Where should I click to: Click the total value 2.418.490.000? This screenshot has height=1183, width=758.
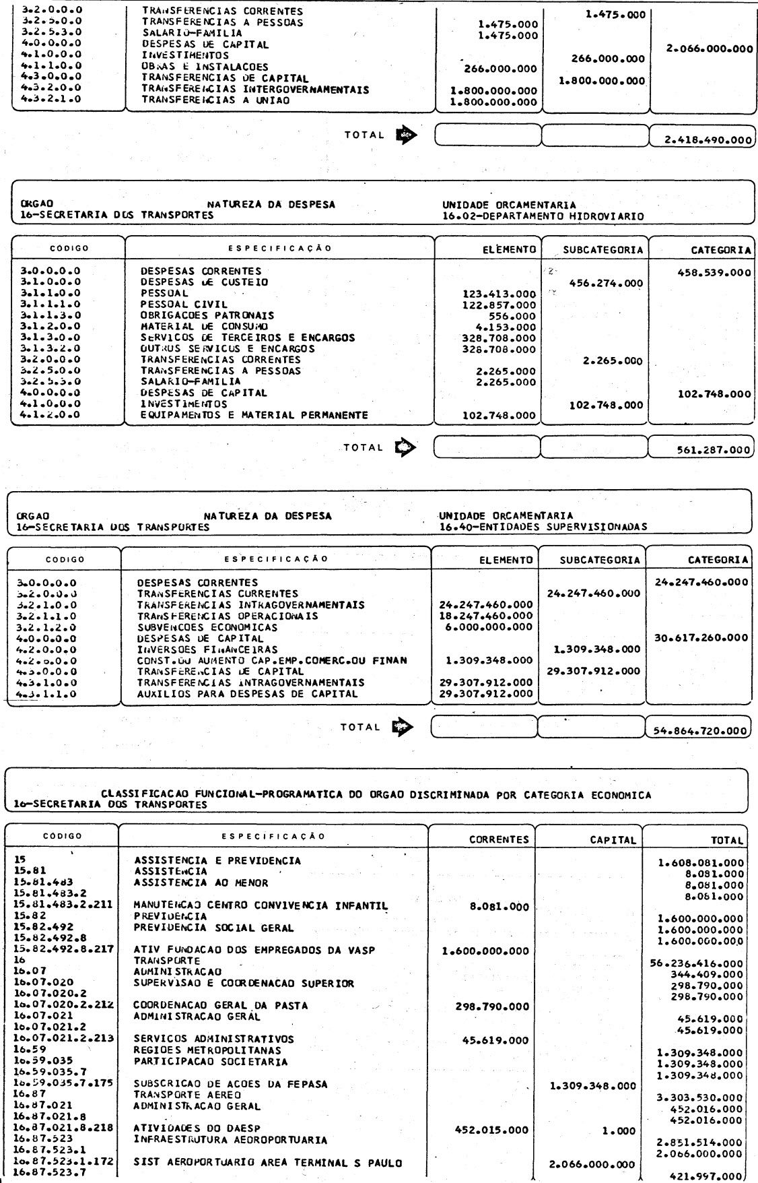(702, 140)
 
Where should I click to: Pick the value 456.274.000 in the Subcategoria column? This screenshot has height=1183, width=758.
(606, 283)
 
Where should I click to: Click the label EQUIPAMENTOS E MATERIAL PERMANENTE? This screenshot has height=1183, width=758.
(254, 415)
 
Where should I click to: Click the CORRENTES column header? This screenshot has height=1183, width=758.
(499, 840)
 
